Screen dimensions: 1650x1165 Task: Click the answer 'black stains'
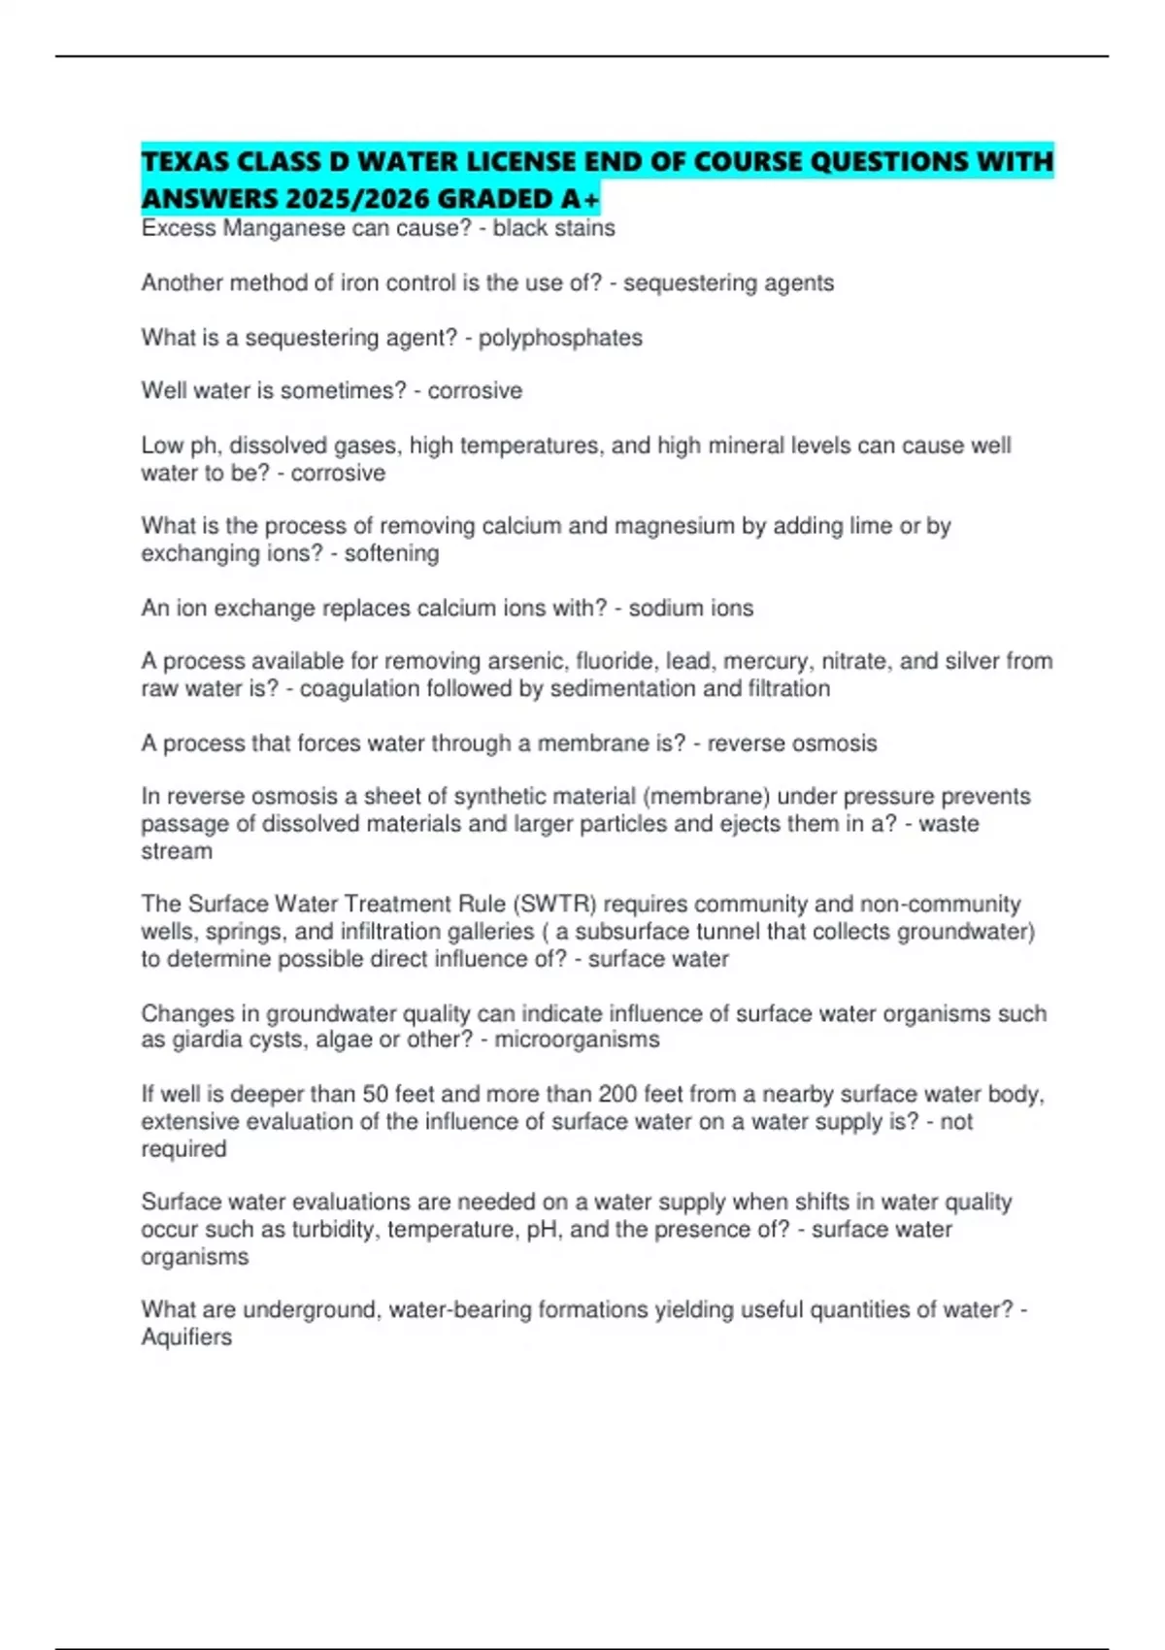[x=553, y=228]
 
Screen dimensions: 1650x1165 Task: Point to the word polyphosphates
[x=560, y=338]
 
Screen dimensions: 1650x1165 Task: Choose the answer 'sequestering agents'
[x=728, y=283]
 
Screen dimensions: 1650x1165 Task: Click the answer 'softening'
[x=392, y=553]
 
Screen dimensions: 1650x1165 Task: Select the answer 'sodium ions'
[x=690, y=609]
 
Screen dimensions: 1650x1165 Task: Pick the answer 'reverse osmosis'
[x=791, y=743]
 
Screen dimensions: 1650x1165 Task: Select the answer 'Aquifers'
[x=186, y=1337]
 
